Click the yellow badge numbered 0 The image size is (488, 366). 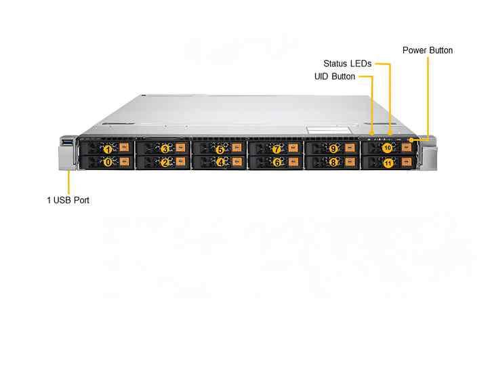coord(107,163)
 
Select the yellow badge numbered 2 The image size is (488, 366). coord(164,163)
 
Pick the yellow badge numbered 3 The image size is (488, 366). coord(164,148)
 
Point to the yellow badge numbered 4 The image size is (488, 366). coord(220,163)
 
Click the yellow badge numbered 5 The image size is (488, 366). coord(220,148)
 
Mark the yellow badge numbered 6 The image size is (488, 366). coord(277,163)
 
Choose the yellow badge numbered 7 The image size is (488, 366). coord(277,148)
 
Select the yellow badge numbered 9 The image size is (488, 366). coord(333,148)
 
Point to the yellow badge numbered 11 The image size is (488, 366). coord(387,163)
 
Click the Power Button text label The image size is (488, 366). coord(427,50)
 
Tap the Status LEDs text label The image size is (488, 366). coord(347,64)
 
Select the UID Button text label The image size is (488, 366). coord(334,77)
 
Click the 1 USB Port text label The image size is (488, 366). coord(68,200)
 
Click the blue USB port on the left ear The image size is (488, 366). coord(67,142)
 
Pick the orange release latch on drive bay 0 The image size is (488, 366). coord(124,163)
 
